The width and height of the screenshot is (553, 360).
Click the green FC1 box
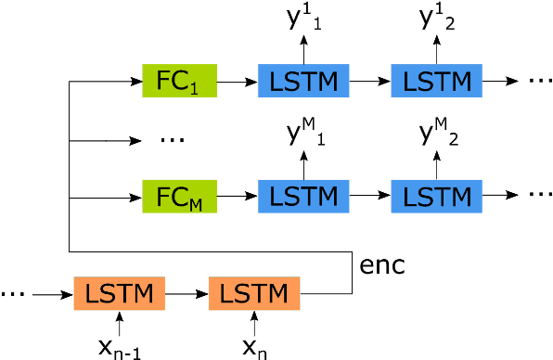pos(179,83)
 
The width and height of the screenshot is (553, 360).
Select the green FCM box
pos(179,198)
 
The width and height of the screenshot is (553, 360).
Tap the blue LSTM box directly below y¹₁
pos(303,83)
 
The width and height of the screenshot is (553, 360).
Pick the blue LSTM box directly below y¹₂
pos(438,83)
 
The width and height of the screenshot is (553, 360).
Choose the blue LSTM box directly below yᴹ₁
pos(303,198)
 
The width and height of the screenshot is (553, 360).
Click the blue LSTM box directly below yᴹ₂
pos(438,198)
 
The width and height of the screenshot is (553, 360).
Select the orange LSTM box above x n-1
pos(118,294)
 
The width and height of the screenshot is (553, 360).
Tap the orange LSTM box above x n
pos(254,294)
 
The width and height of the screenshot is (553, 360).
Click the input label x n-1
pos(118,348)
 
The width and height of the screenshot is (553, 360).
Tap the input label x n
pos(254,348)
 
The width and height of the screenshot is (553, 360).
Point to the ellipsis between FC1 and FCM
pos(174,142)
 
